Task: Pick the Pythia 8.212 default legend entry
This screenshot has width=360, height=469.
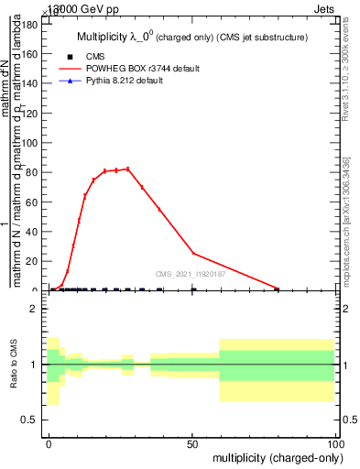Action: pos(130,81)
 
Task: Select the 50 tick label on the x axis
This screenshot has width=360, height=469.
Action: pos(192,442)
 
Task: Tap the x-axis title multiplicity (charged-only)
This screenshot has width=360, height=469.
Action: pos(274,457)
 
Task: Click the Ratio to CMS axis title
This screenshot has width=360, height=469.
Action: pos(14,365)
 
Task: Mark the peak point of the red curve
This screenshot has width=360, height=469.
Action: pos(127,169)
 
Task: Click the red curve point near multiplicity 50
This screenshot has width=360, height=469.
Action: pos(193,253)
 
